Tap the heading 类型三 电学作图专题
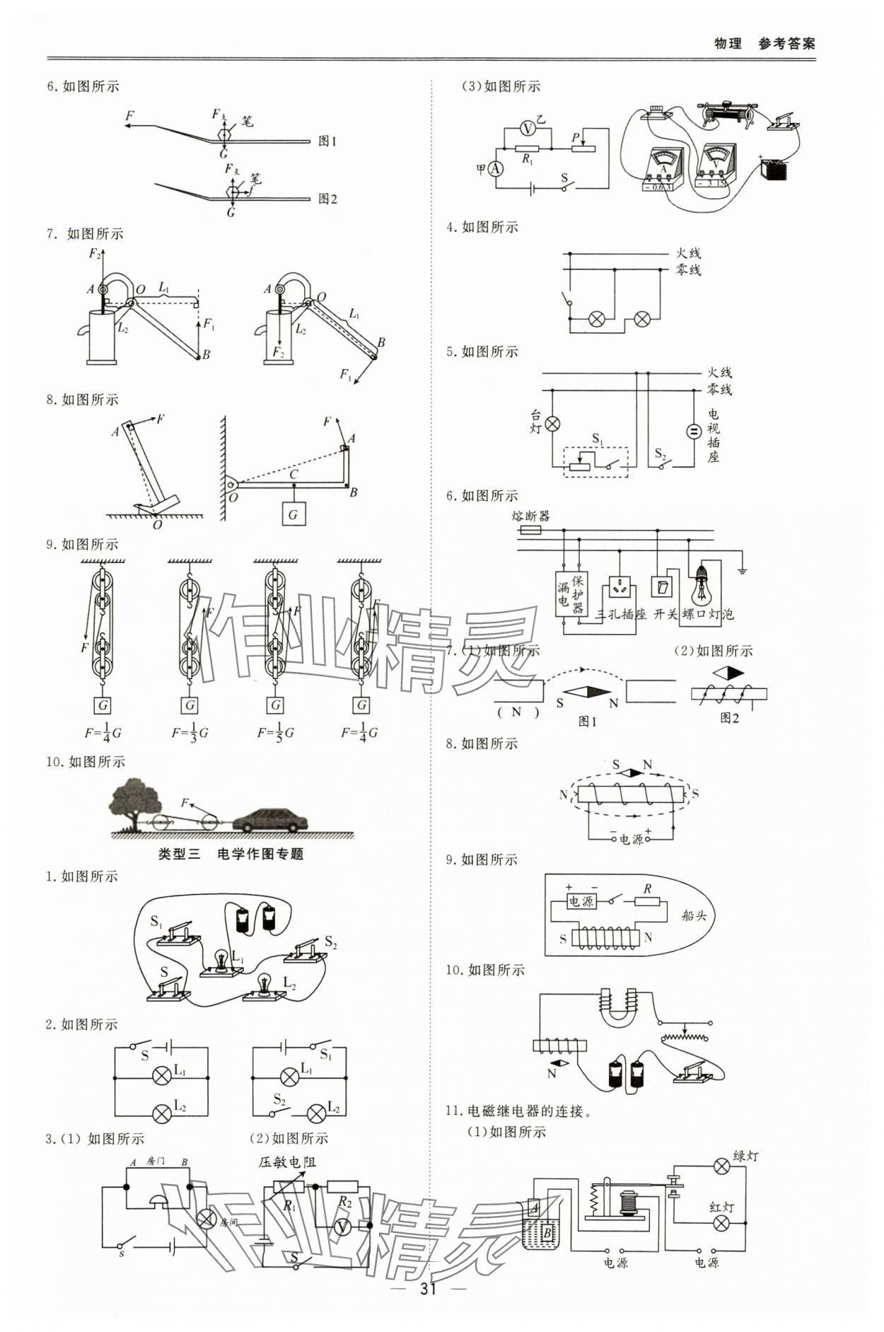pos(231,854)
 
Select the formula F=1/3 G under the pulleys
pos(190,732)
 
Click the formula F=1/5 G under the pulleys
pos(275,732)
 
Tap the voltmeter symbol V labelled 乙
pos(528,128)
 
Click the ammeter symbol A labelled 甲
pos(496,168)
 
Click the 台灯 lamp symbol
pos(554,424)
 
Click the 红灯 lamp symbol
pos(721,1223)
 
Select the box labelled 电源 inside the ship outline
pos(581,901)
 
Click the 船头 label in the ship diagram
pos(694,915)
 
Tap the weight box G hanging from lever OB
pos(293,514)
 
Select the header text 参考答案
pos(786,44)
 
